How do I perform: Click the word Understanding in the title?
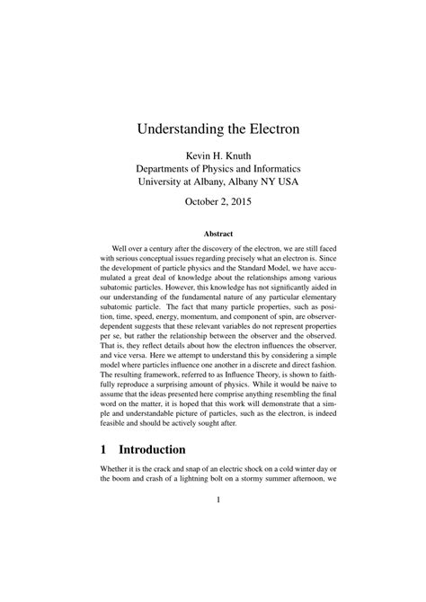(x=179, y=128)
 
